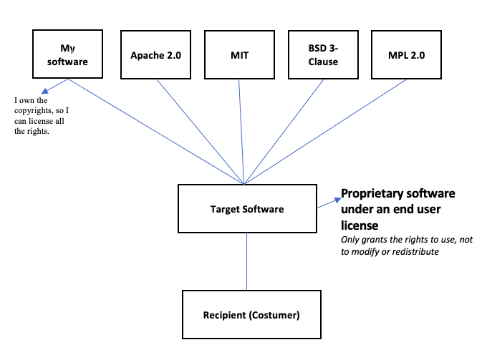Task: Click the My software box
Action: click(67, 54)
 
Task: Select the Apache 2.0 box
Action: click(155, 54)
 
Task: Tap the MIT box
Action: click(240, 54)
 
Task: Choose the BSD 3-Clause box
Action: click(323, 54)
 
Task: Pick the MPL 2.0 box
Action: click(406, 54)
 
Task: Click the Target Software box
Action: click(247, 208)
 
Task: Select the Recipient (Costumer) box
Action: click(247, 314)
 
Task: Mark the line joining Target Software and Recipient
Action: click(247, 261)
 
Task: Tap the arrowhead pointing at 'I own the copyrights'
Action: click(44, 92)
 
